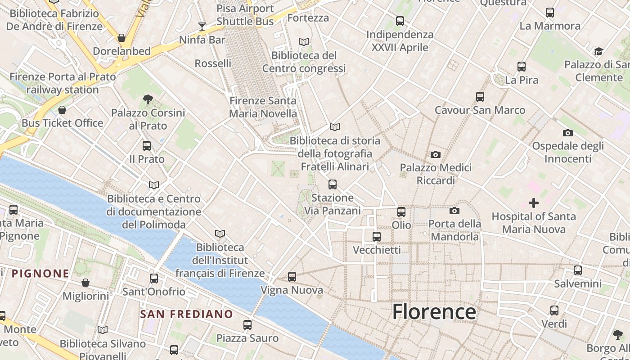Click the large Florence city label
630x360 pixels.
click(x=434, y=311)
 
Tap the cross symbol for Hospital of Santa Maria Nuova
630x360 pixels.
click(x=534, y=203)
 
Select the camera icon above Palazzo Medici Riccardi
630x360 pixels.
click(x=435, y=154)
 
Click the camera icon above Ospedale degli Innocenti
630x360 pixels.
click(x=568, y=133)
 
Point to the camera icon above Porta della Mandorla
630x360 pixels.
click(x=454, y=211)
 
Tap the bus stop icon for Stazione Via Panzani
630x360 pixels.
click(x=333, y=184)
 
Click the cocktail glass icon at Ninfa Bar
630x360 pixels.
click(x=202, y=26)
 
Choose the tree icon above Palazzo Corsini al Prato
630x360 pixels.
click(x=148, y=99)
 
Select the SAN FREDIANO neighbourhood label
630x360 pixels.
click(x=186, y=314)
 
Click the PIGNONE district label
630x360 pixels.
click(x=40, y=273)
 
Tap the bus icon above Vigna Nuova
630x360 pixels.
click(x=292, y=277)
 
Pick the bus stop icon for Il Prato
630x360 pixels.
click(x=147, y=146)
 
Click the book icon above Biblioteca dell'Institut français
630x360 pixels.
click(x=220, y=234)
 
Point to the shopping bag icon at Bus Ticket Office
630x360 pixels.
click(x=62, y=110)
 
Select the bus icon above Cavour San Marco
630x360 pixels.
click(x=480, y=97)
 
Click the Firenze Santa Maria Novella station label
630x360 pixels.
click(x=263, y=107)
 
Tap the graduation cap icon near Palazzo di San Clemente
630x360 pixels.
click(x=598, y=51)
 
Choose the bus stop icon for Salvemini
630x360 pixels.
click(x=578, y=270)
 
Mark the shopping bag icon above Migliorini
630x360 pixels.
click(x=85, y=283)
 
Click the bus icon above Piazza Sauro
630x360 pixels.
click(x=247, y=324)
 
